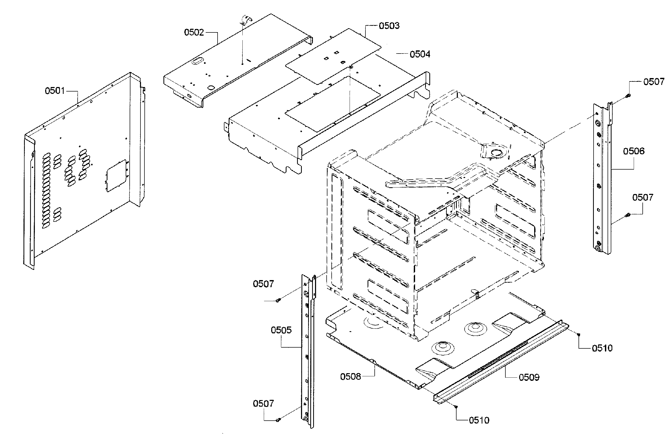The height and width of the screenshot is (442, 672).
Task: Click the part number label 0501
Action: pos(55,91)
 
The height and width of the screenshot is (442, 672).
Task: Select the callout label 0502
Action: pos(194,32)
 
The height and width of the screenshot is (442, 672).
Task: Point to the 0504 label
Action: pos(420,54)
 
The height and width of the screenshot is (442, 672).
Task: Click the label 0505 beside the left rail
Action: pos(281,330)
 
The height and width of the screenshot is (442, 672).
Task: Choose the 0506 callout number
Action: pos(634,151)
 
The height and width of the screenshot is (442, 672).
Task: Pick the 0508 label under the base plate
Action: pos(350,377)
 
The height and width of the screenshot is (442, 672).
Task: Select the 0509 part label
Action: pos(529,377)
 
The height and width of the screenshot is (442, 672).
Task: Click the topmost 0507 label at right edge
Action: pos(653,82)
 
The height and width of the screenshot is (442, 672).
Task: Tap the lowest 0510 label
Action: pos(479,421)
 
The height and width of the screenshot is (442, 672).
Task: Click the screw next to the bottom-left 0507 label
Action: pos(278,420)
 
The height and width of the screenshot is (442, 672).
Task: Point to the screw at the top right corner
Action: pos(628,96)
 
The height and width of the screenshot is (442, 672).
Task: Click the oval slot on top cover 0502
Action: pos(197,61)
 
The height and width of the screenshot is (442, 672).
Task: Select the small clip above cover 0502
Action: pos(246,20)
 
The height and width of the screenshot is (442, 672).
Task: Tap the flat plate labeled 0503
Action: pos(333,56)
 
